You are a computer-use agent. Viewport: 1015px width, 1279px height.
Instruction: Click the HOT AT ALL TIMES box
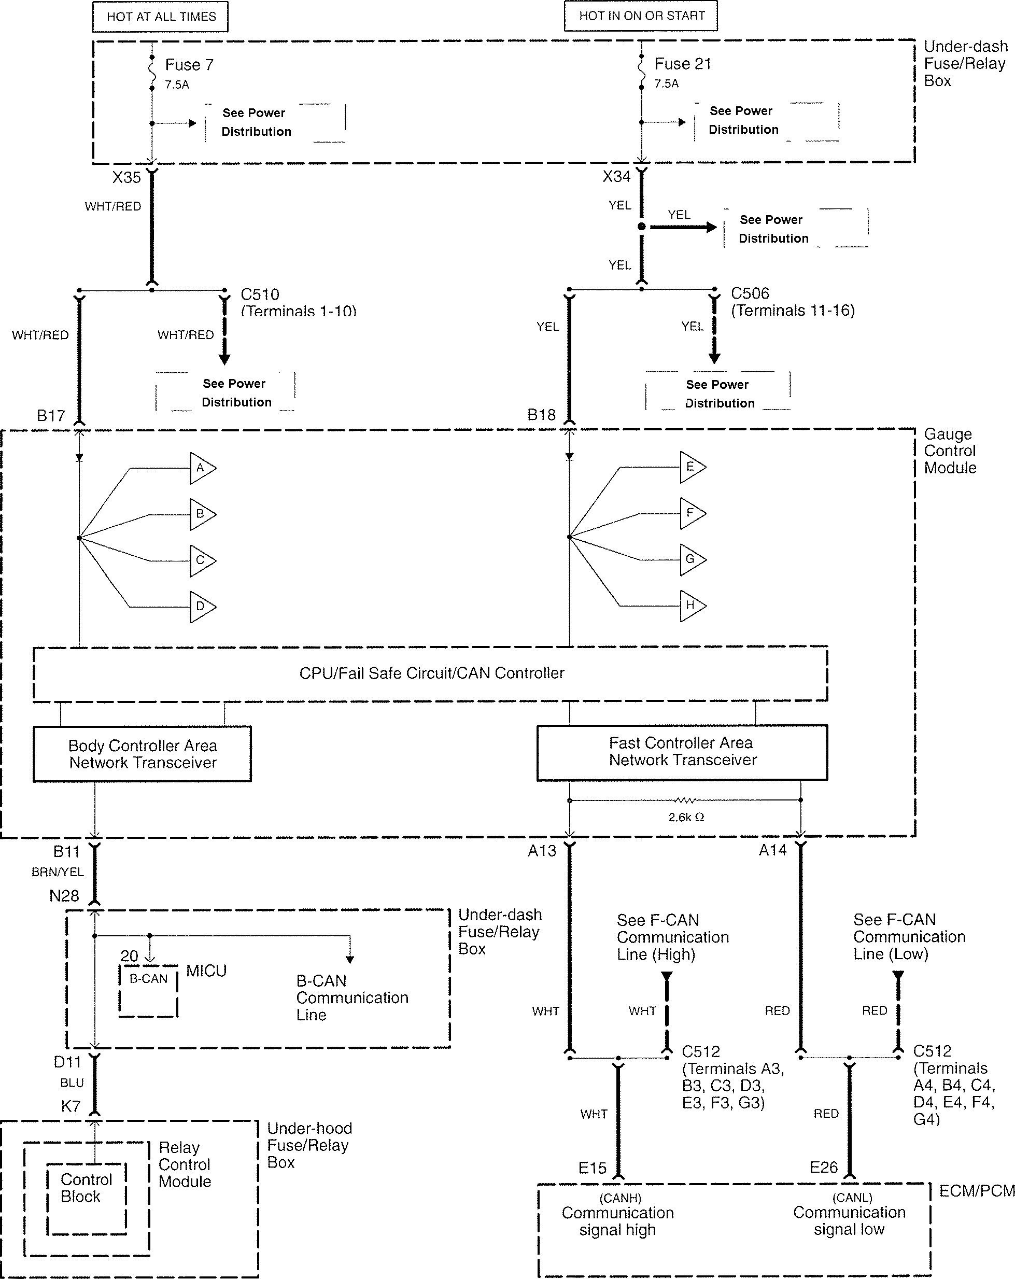click(161, 17)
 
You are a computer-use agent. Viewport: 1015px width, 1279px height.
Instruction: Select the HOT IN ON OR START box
click(641, 16)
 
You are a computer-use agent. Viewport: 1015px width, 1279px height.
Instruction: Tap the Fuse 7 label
click(189, 65)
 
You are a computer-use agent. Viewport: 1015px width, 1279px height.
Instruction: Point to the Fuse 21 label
click(682, 63)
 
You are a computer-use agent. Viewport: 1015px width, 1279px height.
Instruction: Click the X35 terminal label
click(126, 177)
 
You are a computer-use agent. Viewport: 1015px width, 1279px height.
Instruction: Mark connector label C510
click(260, 294)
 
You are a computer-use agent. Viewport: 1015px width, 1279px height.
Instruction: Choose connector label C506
click(750, 293)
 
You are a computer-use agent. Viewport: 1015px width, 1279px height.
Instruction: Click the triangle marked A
click(202, 468)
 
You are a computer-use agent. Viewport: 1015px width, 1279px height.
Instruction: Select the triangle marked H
click(692, 606)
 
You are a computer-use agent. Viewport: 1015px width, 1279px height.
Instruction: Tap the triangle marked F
click(692, 513)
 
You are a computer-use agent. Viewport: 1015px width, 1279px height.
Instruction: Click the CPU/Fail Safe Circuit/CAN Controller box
click(431, 673)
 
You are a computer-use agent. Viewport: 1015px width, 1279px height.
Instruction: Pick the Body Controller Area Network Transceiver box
click(143, 754)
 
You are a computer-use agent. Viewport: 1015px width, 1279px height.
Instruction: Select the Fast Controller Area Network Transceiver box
click(682, 752)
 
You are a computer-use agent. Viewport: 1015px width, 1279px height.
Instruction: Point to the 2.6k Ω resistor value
click(686, 818)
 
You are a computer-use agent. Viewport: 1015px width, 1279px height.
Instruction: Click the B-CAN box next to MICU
click(148, 990)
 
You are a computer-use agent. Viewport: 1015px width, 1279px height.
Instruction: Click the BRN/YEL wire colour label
click(58, 872)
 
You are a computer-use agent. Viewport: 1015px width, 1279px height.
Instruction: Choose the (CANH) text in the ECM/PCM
click(620, 1198)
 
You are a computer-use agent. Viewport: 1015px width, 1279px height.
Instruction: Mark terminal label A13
click(542, 851)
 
